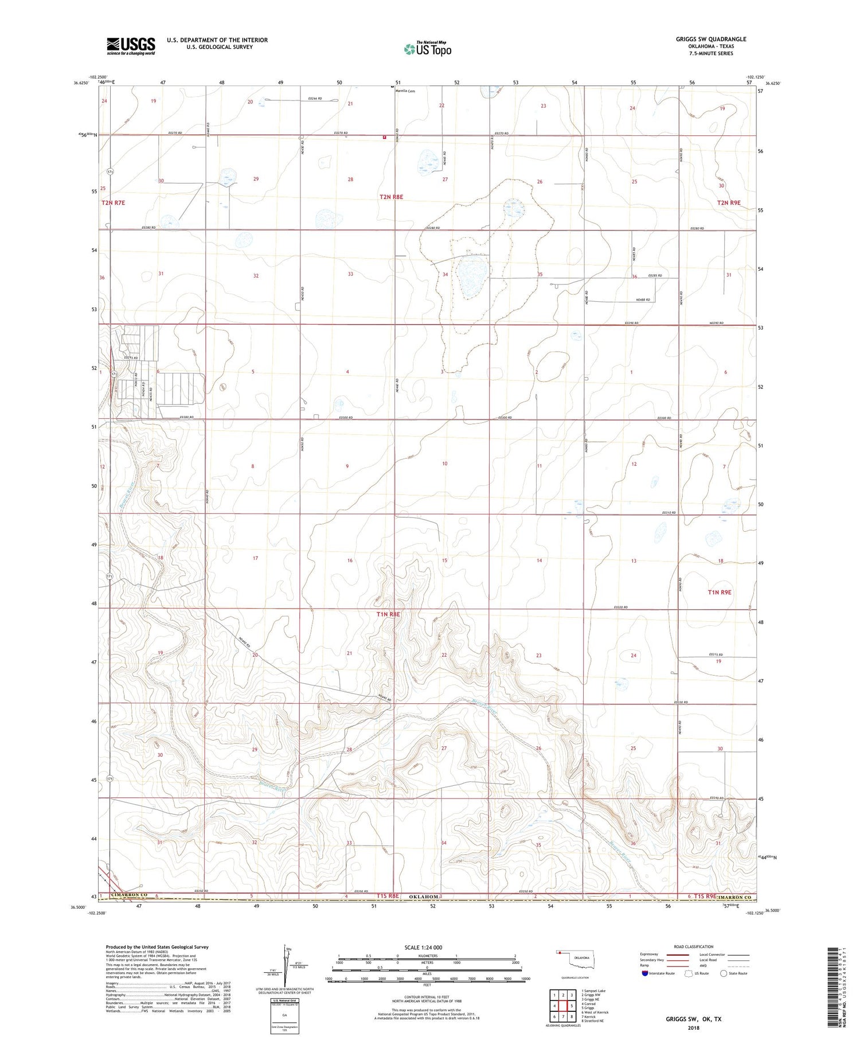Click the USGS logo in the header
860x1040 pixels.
130,46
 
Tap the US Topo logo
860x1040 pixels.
428,49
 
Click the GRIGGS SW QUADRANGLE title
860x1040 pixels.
711,40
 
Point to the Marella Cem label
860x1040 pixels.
405,91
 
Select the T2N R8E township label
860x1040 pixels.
391,197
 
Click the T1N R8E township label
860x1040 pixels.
388,614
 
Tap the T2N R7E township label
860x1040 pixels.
113,203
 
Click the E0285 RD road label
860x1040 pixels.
655,276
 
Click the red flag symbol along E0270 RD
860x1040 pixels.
385,137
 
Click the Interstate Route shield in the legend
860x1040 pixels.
645,973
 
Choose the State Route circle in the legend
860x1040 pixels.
724,973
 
